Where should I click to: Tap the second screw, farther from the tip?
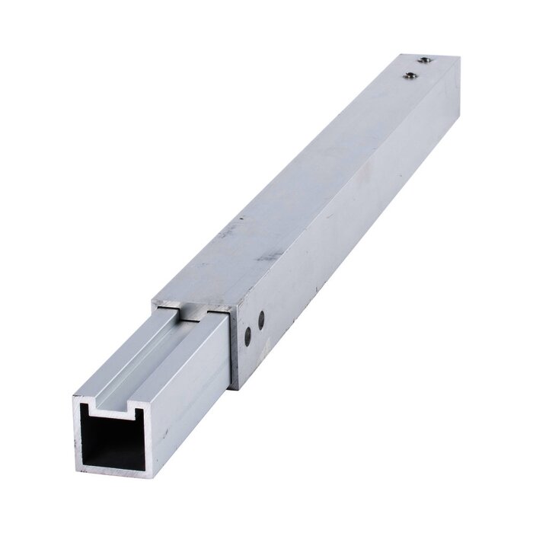click(410, 75)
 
